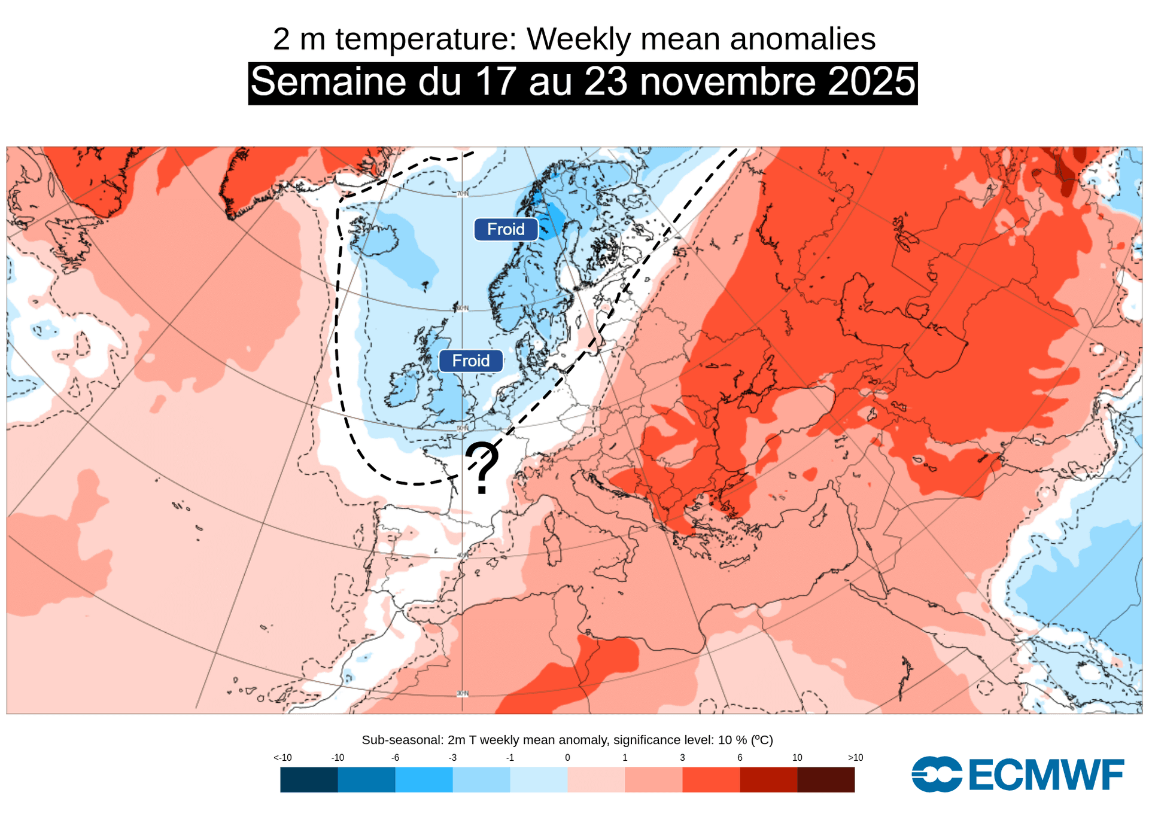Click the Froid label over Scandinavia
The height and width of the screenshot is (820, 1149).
click(x=506, y=230)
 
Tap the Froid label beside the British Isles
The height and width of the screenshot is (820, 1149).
click(x=470, y=361)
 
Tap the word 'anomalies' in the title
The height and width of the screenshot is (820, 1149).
click(x=803, y=39)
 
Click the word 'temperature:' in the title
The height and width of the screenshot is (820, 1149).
click(x=425, y=39)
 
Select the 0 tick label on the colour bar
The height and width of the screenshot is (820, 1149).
click(x=567, y=758)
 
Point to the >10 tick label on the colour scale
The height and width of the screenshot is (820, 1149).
click(x=855, y=758)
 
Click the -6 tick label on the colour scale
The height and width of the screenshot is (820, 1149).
click(x=395, y=758)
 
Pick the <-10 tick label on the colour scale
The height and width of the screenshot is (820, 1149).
click(x=282, y=758)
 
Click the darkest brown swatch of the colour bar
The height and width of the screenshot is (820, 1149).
click(x=826, y=780)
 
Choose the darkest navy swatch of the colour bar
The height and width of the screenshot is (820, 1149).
click(x=309, y=780)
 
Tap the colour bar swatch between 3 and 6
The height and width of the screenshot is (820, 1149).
click(x=711, y=780)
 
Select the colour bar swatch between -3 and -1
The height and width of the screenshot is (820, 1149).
click(x=481, y=780)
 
